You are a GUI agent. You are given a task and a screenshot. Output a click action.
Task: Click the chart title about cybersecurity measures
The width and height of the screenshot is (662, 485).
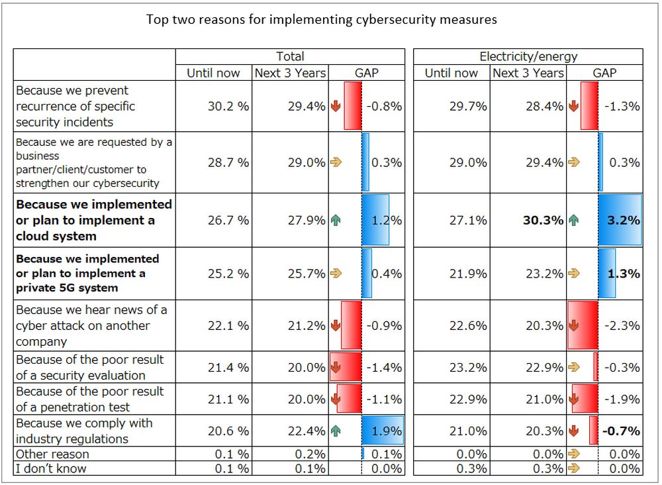(x=322, y=19)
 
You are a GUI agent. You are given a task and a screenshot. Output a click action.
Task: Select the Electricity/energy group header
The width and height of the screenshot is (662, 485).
(x=528, y=56)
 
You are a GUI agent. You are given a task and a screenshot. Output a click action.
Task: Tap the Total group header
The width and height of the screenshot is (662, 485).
(x=290, y=56)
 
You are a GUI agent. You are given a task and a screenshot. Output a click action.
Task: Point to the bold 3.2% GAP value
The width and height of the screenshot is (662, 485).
(x=623, y=220)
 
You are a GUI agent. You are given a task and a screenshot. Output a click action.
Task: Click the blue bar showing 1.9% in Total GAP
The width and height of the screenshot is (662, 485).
(x=382, y=431)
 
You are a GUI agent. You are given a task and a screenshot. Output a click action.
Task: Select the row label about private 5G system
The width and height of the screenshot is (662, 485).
(x=87, y=273)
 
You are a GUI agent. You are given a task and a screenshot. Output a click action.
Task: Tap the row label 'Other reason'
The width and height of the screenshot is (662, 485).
(x=52, y=454)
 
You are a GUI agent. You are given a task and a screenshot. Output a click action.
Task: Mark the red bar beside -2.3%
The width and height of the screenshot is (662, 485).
(x=583, y=325)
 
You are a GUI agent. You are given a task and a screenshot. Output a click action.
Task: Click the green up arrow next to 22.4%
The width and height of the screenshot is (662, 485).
(x=336, y=431)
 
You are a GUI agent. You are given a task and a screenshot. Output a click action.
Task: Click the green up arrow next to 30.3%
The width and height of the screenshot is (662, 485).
(x=573, y=220)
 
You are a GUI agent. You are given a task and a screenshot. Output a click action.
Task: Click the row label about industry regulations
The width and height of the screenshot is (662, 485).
(x=84, y=431)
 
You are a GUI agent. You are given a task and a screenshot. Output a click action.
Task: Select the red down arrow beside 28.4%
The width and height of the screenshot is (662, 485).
(x=573, y=106)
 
